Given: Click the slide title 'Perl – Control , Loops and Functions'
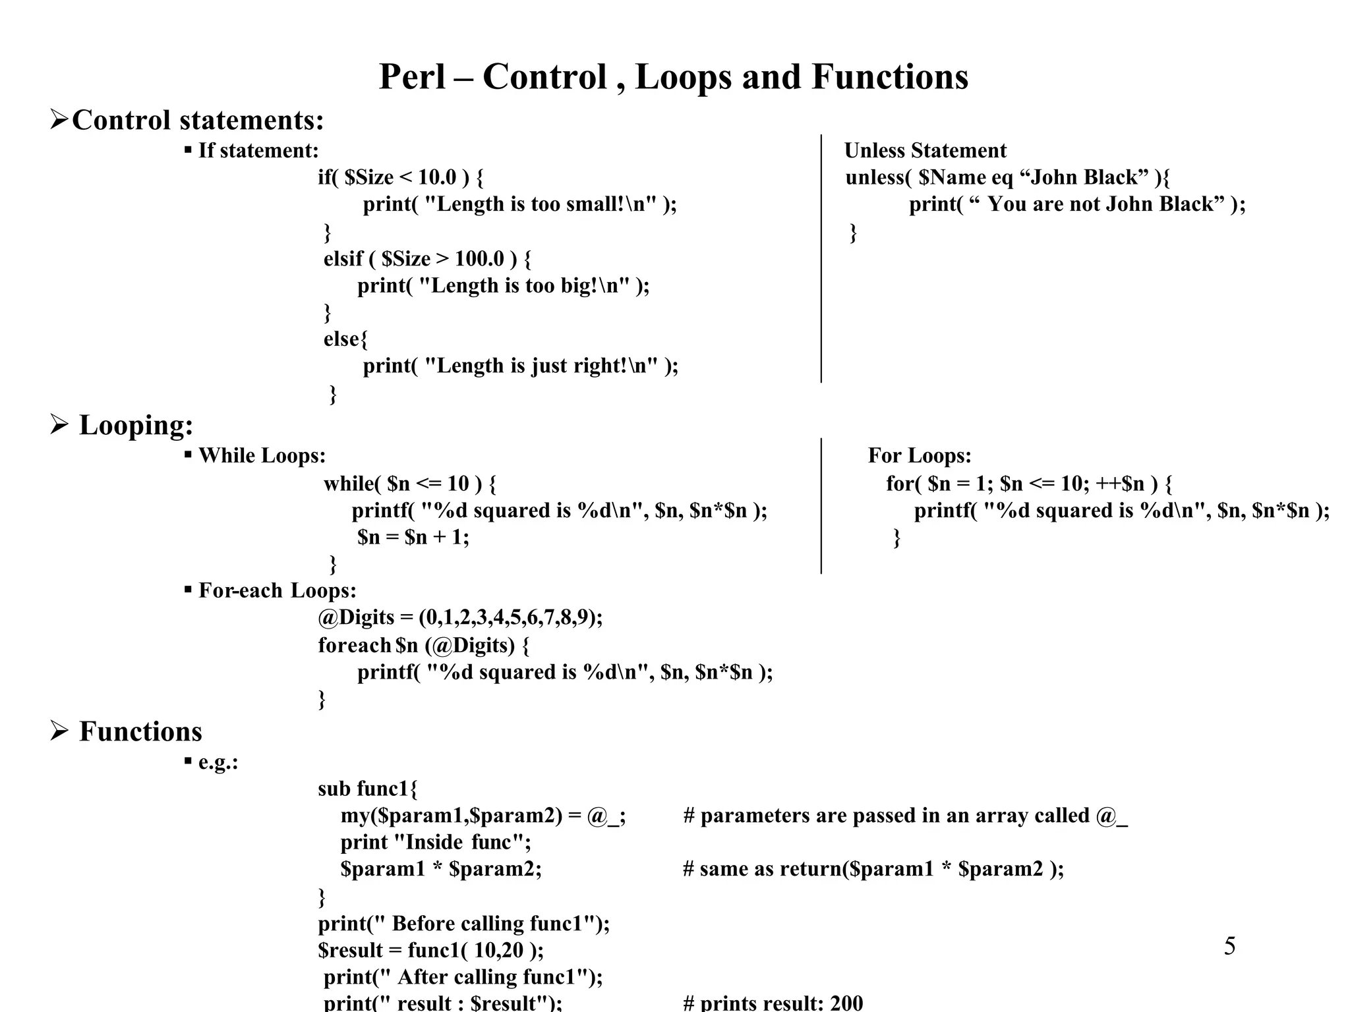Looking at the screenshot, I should click(673, 76).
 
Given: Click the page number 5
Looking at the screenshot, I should click(1229, 946).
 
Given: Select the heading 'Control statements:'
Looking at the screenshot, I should click(198, 120).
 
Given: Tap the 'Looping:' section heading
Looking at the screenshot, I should click(136, 425).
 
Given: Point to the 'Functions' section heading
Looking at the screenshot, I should click(140, 731).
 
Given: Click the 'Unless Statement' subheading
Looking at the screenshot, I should click(925, 151).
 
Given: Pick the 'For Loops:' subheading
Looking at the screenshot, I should click(919, 456).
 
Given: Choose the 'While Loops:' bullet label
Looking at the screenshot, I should click(262, 456).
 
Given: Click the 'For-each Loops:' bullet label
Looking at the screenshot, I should click(277, 590).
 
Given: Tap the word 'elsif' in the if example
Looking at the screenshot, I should click(343, 259).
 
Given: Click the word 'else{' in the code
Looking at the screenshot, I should click(345, 339).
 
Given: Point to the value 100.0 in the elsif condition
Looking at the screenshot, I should click(479, 259).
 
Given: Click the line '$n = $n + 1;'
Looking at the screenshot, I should click(413, 538).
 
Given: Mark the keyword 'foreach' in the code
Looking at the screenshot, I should click(355, 645).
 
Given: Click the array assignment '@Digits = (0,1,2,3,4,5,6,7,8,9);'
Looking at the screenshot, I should click(460, 618).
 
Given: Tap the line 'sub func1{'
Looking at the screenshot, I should click(367, 789).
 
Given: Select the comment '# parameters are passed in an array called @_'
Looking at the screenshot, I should click(905, 816).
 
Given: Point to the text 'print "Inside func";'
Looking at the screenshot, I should click(435, 843).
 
